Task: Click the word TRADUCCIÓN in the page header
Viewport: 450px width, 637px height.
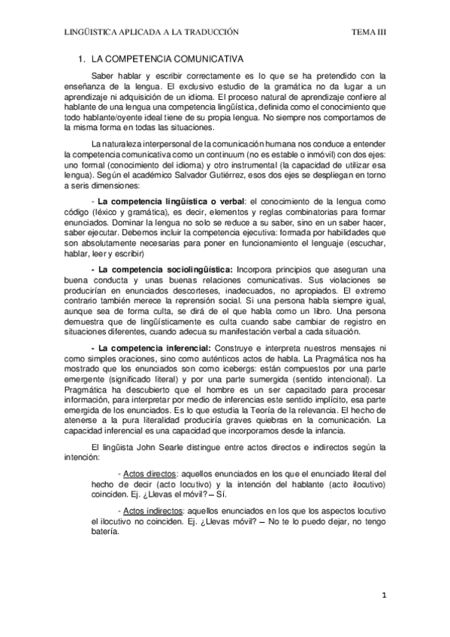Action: pyautogui.click(x=212, y=32)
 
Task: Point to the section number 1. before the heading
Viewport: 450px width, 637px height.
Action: pyautogui.click(x=82, y=58)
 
